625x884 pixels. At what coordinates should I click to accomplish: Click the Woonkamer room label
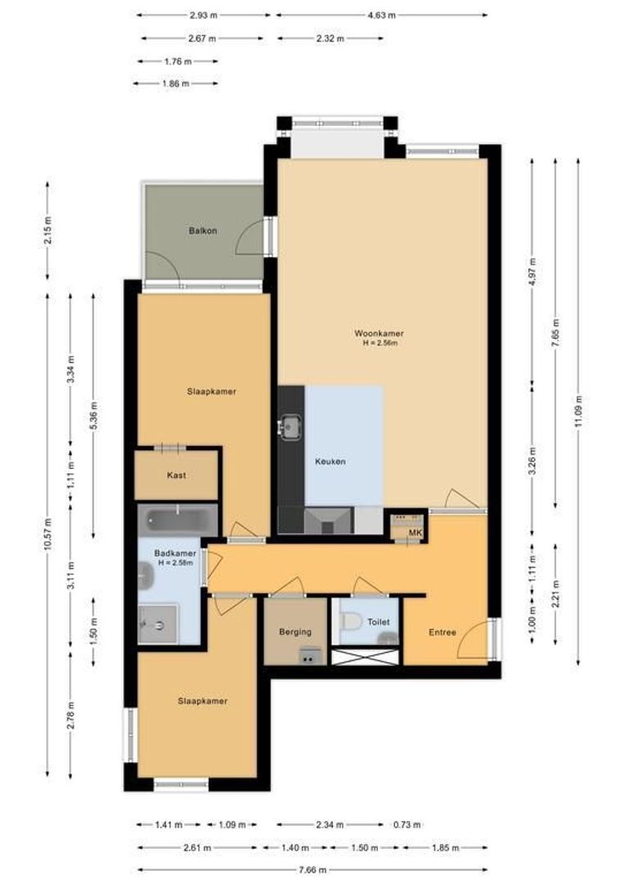click(379, 333)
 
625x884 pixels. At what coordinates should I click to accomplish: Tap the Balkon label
click(203, 231)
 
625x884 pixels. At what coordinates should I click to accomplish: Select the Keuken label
click(330, 462)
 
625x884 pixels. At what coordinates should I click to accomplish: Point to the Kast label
click(177, 475)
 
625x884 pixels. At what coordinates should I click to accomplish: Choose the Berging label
click(295, 632)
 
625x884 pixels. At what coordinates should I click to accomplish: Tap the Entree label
click(443, 632)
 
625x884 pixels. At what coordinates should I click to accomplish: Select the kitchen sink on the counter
click(290, 426)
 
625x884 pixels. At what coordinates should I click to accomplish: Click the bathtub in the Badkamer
click(177, 519)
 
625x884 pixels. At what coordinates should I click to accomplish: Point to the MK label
click(416, 534)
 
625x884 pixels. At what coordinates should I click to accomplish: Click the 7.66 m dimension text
click(312, 869)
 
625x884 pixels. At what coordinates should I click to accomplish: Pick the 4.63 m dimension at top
click(381, 15)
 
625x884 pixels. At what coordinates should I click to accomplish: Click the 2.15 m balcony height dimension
click(47, 231)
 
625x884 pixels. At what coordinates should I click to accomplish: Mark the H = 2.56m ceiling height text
click(380, 344)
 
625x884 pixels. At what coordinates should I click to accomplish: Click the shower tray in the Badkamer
click(158, 625)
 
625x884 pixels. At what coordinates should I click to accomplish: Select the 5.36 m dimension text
click(93, 416)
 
